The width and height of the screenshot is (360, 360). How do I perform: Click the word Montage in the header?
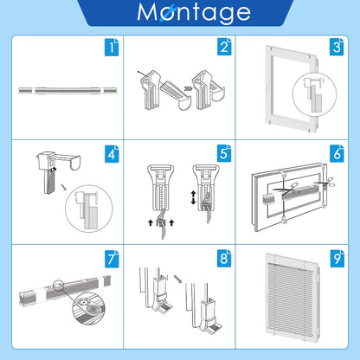194,12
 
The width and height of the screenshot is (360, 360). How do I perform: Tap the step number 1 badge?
112,47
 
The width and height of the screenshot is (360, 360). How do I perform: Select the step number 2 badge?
224,47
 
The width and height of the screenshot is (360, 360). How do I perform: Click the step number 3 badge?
337,47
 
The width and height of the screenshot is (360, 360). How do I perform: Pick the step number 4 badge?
112,154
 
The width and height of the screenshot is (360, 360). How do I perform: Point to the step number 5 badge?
224,153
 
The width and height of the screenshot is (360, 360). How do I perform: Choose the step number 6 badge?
337,153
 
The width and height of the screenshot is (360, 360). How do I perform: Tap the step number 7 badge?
112,259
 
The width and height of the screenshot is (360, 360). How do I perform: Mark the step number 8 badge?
224,259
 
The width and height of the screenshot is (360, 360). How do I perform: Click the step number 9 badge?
337,259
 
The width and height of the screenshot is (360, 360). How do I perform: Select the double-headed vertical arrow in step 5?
193,197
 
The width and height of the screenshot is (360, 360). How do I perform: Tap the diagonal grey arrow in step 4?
64,187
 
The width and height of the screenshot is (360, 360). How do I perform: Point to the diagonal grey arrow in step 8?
178,279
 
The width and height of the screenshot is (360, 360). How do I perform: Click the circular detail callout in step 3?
314,94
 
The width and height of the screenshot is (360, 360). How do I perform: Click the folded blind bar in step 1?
67,91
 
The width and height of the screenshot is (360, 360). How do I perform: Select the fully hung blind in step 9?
292,297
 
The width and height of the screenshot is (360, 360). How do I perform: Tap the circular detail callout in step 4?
89,209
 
